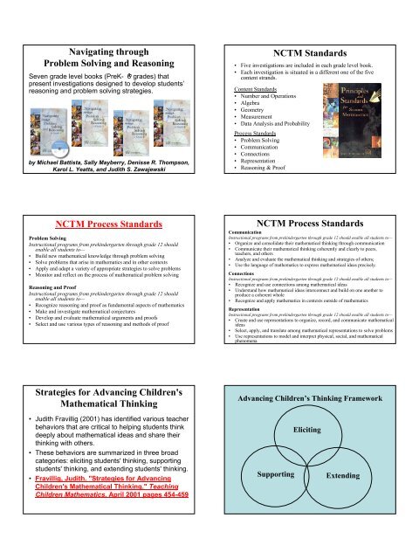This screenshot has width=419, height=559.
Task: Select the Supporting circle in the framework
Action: point(280,498)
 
